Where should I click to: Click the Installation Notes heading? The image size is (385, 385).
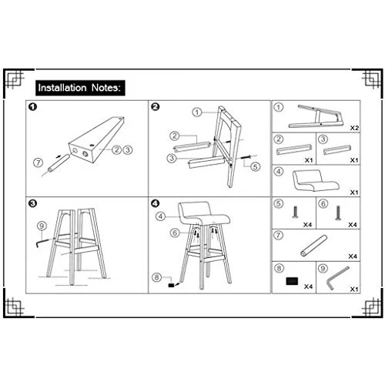click(80, 88)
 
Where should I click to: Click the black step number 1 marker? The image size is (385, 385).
click(33, 107)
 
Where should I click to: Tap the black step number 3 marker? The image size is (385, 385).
click(33, 203)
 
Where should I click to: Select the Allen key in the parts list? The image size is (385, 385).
click(336, 278)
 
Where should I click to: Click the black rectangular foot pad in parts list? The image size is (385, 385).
click(292, 281)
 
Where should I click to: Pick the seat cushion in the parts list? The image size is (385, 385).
click(316, 179)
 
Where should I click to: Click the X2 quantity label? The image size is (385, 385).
click(354, 128)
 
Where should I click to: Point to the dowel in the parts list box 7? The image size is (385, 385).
click(313, 246)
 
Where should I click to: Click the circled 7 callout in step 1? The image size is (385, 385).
click(38, 162)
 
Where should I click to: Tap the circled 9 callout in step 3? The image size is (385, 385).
click(42, 226)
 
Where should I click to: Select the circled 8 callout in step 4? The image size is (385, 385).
click(157, 277)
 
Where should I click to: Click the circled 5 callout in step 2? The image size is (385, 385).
click(255, 167)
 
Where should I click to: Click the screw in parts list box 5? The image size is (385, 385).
click(295, 213)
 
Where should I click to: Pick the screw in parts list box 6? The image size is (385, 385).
click(338, 213)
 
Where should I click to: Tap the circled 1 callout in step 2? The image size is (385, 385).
click(197, 112)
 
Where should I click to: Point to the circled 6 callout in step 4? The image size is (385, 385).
click(175, 233)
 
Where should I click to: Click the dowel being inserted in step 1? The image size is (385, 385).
click(59, 163)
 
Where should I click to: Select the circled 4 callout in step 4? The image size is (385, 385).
click(160, 216)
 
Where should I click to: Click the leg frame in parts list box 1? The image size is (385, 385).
click(316, 116)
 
